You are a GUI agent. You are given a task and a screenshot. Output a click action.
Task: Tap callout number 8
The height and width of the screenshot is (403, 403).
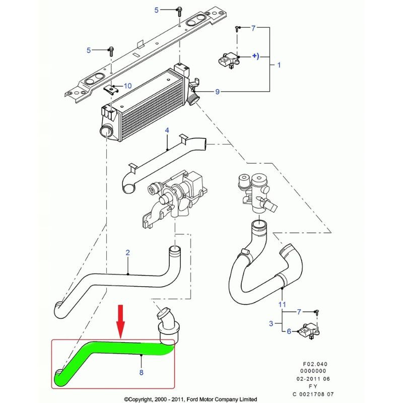pyautogui.click(x=142, y=372)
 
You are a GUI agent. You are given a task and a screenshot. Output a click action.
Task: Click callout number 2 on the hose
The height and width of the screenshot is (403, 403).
pyautogui.click(x=128, y=253)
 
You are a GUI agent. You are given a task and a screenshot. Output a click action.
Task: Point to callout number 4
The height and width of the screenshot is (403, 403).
pyautogui.click(x=167, y=130)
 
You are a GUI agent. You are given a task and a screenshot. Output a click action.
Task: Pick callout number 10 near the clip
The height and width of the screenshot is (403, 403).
pyautogui.click(x=128, y=86)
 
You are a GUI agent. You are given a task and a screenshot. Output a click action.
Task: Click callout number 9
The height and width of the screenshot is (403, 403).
pyautogui.click(x=218, y=92)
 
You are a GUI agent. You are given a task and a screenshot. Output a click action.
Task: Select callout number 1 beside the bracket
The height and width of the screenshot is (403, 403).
pyautogui.click(x=279, y=65)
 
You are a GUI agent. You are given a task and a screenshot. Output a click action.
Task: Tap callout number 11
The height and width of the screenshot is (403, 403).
pyautogui.click(x=282, y=305)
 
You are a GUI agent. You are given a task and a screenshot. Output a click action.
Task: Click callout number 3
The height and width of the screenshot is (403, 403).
pyautogui.click(x=271, y=323)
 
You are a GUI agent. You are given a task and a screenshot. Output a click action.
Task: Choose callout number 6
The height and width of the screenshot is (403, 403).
pyautogui.click(x=289, y=331)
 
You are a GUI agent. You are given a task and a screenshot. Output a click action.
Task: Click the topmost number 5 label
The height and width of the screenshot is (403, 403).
pyautogui.click(x=157, y=10)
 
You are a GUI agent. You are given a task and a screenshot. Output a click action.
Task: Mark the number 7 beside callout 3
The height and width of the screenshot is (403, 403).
pyautogui.click(x=299, y=312)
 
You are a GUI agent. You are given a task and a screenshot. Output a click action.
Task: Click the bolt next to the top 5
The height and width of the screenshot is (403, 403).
pyautogui.click(x=179, y=12)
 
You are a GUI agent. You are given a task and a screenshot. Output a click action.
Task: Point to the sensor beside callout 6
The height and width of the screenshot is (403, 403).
pyautogui.click(x=308, y=331)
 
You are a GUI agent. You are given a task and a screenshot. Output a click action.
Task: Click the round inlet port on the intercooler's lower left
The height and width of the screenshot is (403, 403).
pyautogui.click(x=105, y=131)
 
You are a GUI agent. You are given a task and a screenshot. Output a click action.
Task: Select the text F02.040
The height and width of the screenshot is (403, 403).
pyautogui.click(x=315, y=364)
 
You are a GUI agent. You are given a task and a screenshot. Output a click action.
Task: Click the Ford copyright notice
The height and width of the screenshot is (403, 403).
pyautogui.click(x=190, y=399)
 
